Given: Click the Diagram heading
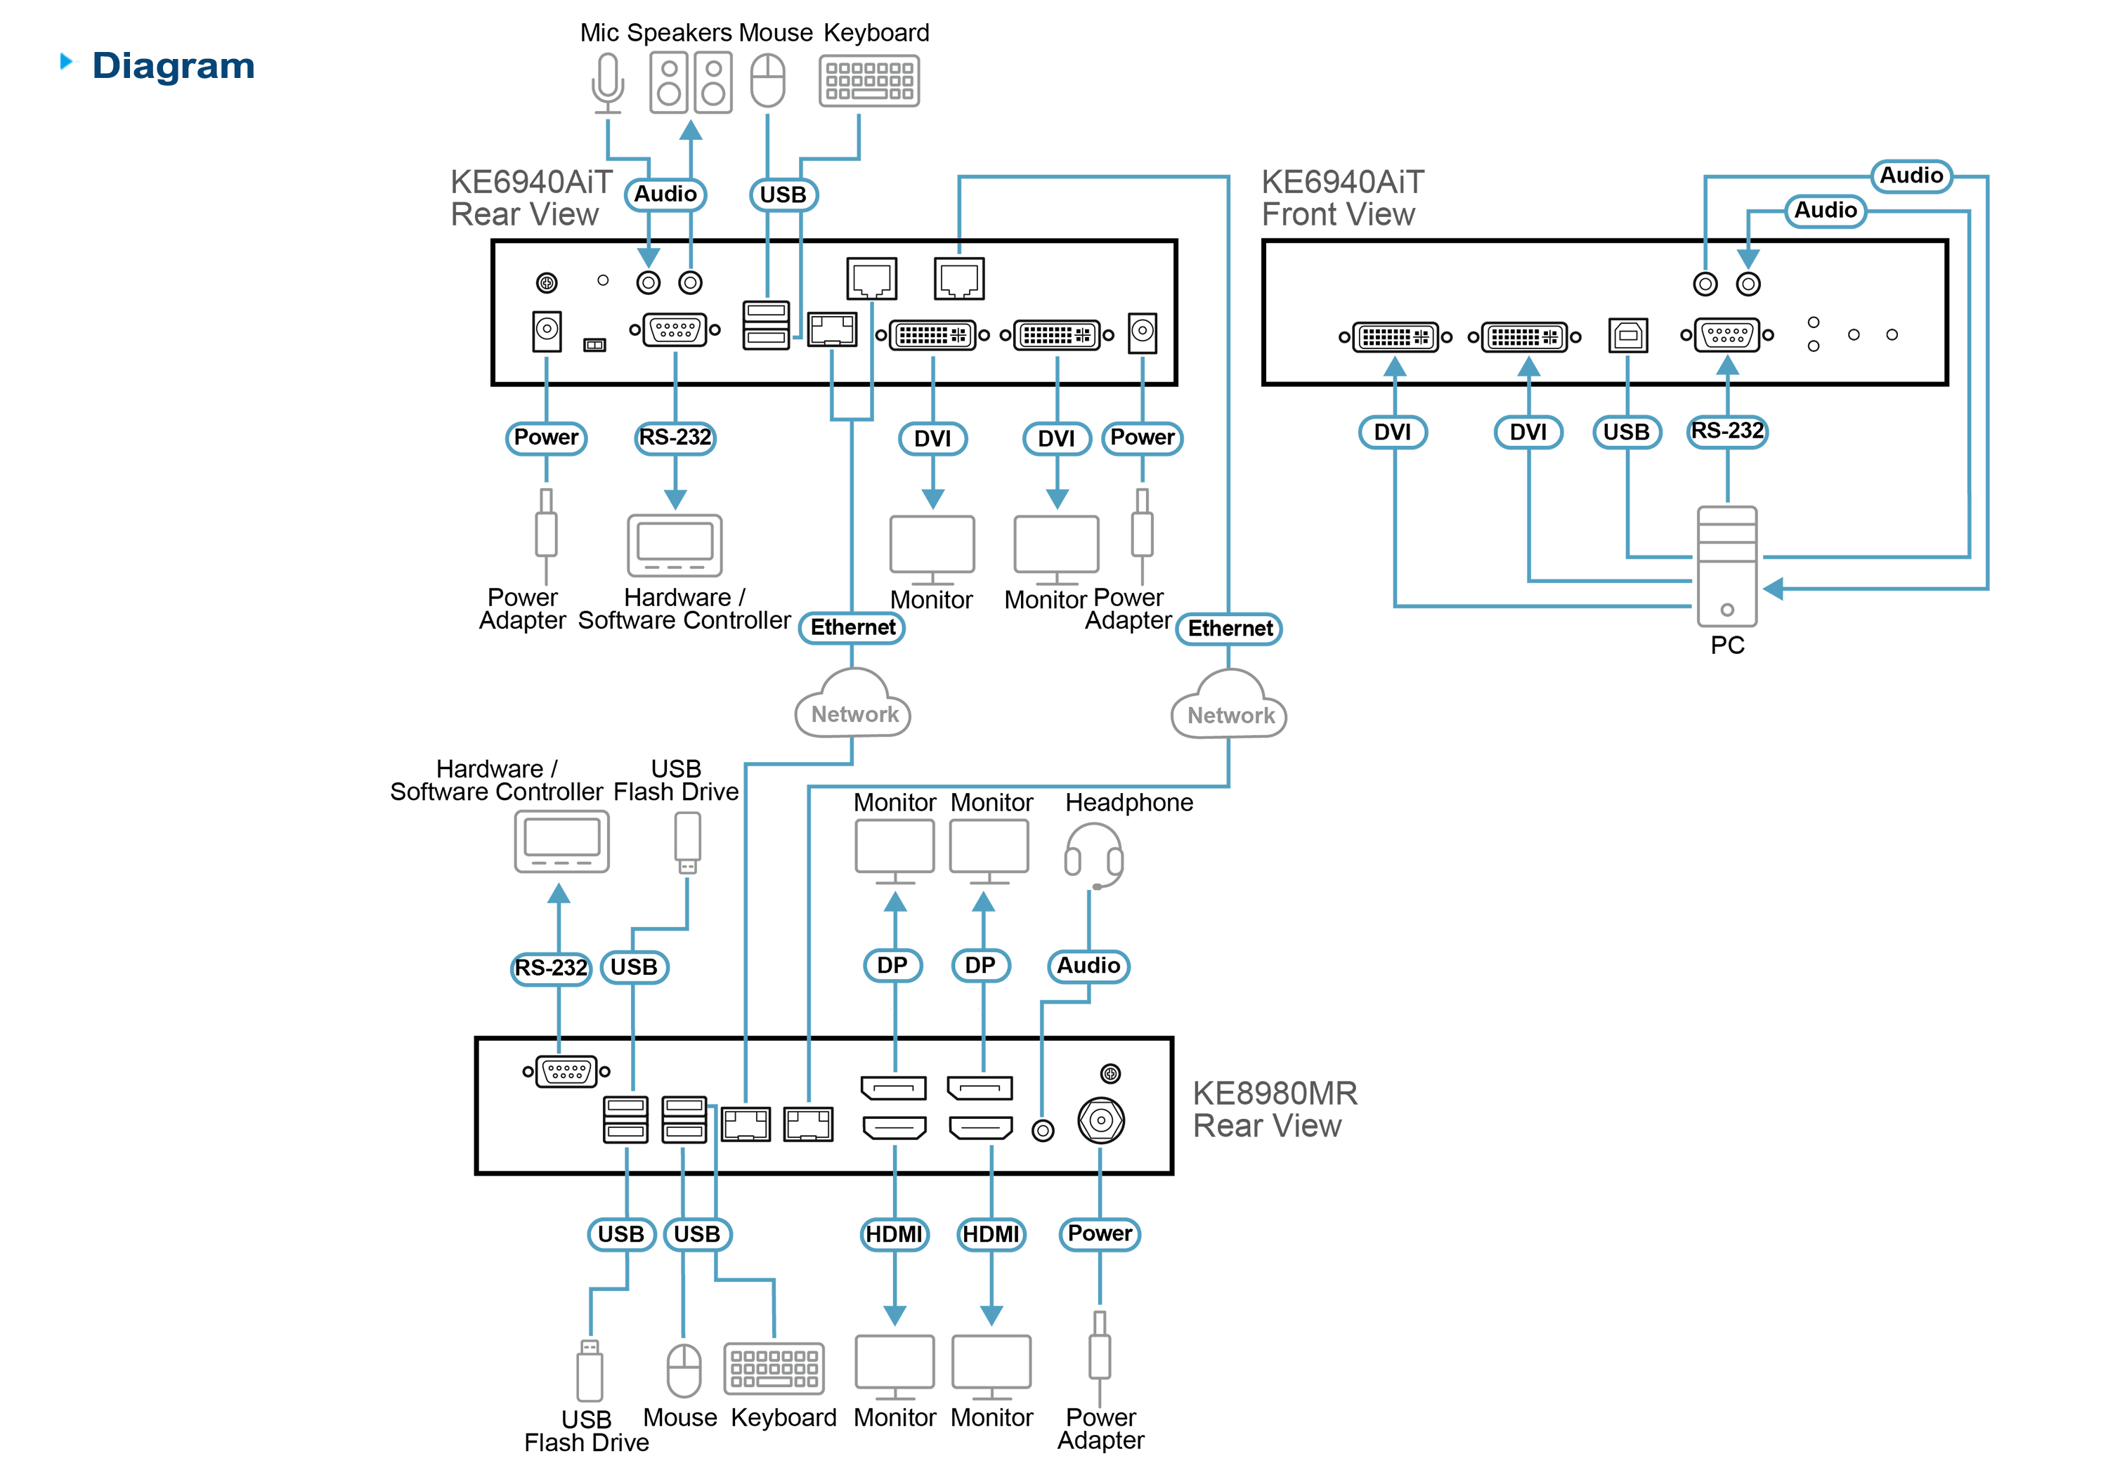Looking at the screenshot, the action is coord(174,66).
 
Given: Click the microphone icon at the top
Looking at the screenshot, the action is coord(607,83).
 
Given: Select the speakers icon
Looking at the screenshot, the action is coord(691,83).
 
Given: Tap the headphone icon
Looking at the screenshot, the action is coord(1093,855).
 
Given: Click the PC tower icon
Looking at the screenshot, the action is coord(1727,566).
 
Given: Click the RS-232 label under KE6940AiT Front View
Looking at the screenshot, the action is coord(1727,431).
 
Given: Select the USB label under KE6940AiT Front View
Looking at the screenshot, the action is coord(1626,431).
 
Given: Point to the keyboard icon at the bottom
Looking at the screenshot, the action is coord(774,1368).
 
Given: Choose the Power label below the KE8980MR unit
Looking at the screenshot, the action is coord(1100,1233).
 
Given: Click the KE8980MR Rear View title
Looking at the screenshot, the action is coord(1275,1110).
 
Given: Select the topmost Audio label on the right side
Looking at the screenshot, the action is coord(1911,176).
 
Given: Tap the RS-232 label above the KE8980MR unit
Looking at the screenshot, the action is coord(551,967).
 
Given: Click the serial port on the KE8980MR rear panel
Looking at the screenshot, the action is coord(566,1071).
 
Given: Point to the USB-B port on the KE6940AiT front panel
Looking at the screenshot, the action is coord(1628,335).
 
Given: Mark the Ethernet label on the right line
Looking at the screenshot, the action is coord(1230,629).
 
